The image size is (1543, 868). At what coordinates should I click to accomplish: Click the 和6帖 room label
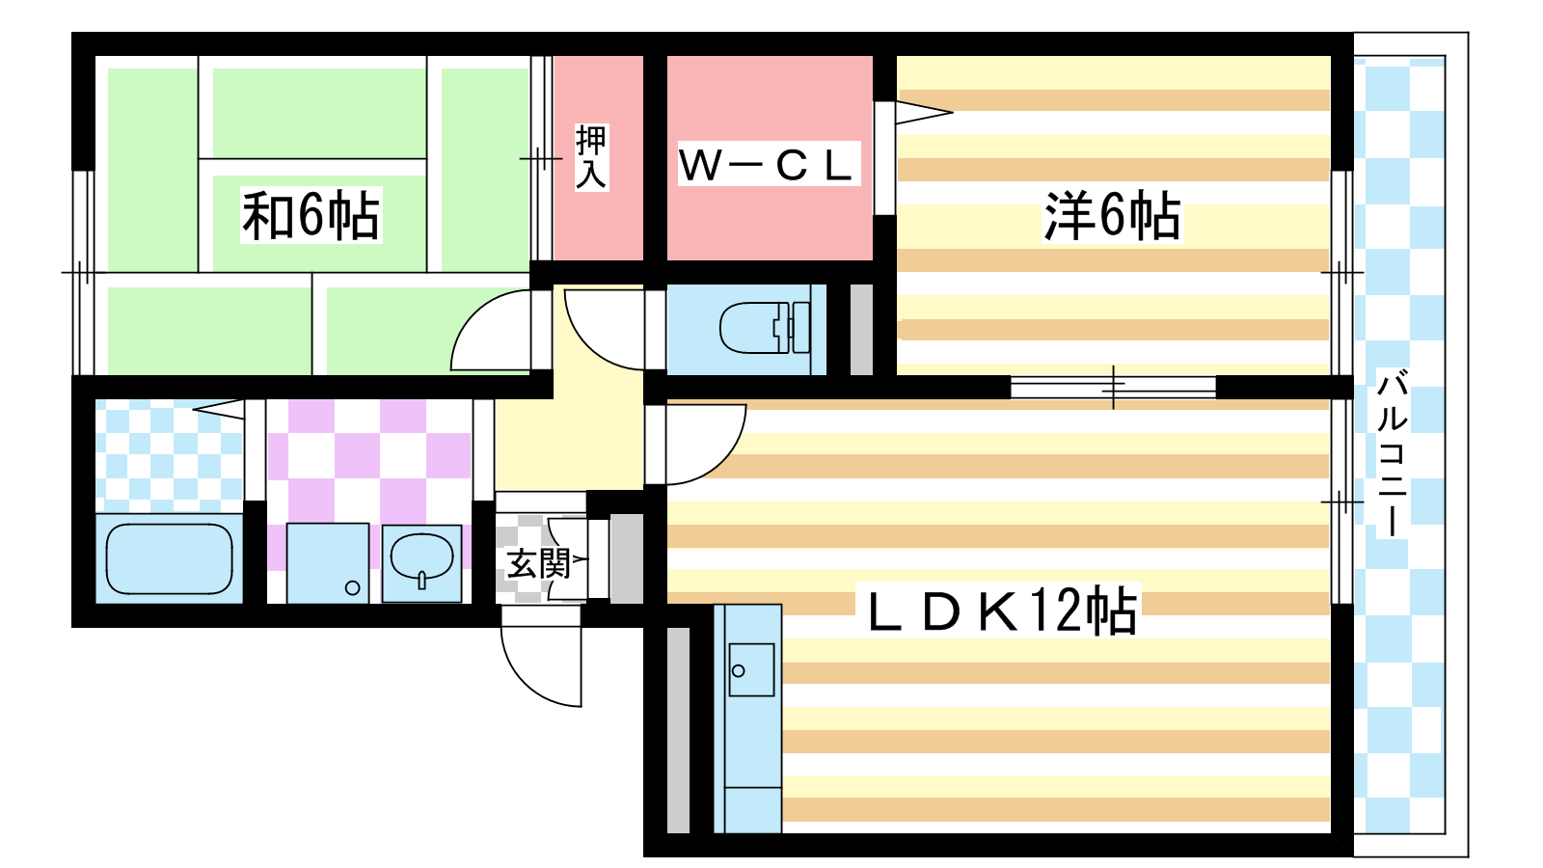tap(311, 215)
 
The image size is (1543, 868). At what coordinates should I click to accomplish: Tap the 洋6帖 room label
tap(1112, 215)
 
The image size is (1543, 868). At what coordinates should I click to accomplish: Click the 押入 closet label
tap(591, 157)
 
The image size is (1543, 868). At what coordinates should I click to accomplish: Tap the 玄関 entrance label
tap(538, 563)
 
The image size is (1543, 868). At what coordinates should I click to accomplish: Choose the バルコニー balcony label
tap(1392, 453)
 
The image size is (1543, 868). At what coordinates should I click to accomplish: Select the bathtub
tap(169, 558)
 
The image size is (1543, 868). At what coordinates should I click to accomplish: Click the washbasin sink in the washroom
tap(421, 559)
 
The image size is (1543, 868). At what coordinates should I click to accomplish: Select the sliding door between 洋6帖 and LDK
tap(1113, 387)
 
